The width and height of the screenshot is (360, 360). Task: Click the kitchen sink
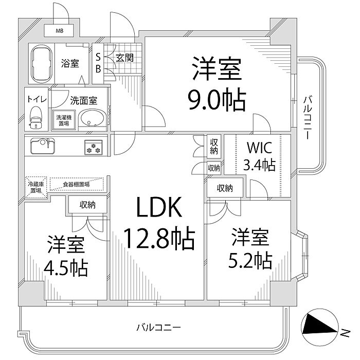pyautogui.click(x=42, y=146)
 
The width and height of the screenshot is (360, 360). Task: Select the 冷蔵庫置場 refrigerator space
pyautogui.click(x=35, y=186)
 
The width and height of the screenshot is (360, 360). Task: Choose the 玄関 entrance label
pyautogui.click(x=125, y=58)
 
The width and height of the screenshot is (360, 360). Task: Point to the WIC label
pyautogui.click(x=259, y=148)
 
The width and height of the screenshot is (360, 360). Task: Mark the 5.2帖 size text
pyautogui.click(x=249, y=262)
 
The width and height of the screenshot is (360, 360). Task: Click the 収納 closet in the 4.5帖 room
pyautogui.click(x=87, y=205)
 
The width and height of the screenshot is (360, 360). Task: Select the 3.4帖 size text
pyautogui.click(x=259, y=165)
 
